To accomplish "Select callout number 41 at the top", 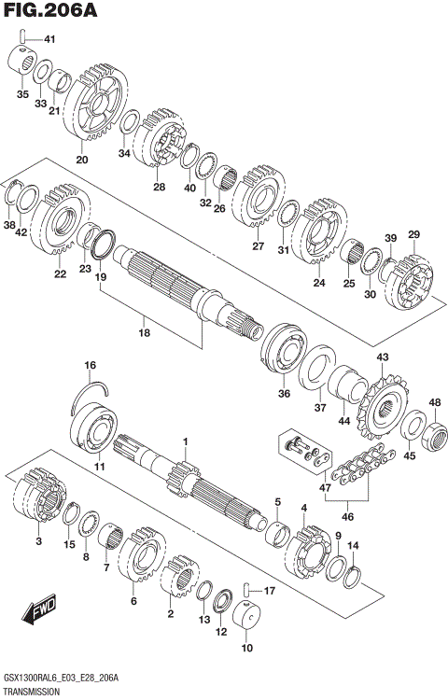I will [x=49, y=39].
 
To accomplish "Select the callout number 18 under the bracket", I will [x=144, y=332].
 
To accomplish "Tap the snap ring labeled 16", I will [x=92, y=395].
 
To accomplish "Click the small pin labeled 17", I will [x=245, y=589].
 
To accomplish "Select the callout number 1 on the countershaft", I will [x=185, y=441].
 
